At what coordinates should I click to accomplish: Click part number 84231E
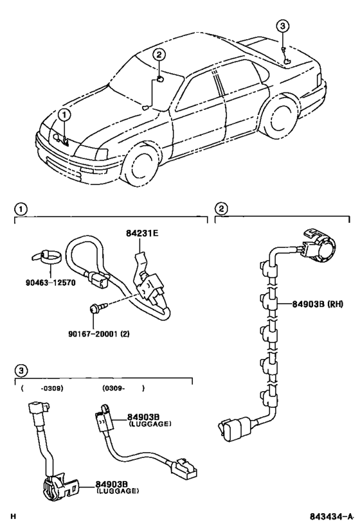point(142,233)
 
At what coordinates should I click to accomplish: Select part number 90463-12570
point(50,283)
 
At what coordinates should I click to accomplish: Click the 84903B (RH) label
point(318,304)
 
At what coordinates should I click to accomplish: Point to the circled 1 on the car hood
point(64,115)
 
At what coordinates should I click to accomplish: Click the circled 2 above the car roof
point(159,55)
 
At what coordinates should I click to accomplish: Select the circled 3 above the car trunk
point(282,26)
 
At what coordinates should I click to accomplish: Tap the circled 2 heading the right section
point(221,209)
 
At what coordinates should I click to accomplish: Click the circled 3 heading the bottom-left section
point(21,371)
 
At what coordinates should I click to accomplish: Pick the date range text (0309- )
point(123,389)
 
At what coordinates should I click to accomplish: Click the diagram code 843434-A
point(332,516)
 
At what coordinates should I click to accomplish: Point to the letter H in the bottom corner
point(13,516)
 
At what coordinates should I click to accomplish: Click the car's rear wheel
point(280,116)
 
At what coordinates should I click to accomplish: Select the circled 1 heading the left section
point(21,209)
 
